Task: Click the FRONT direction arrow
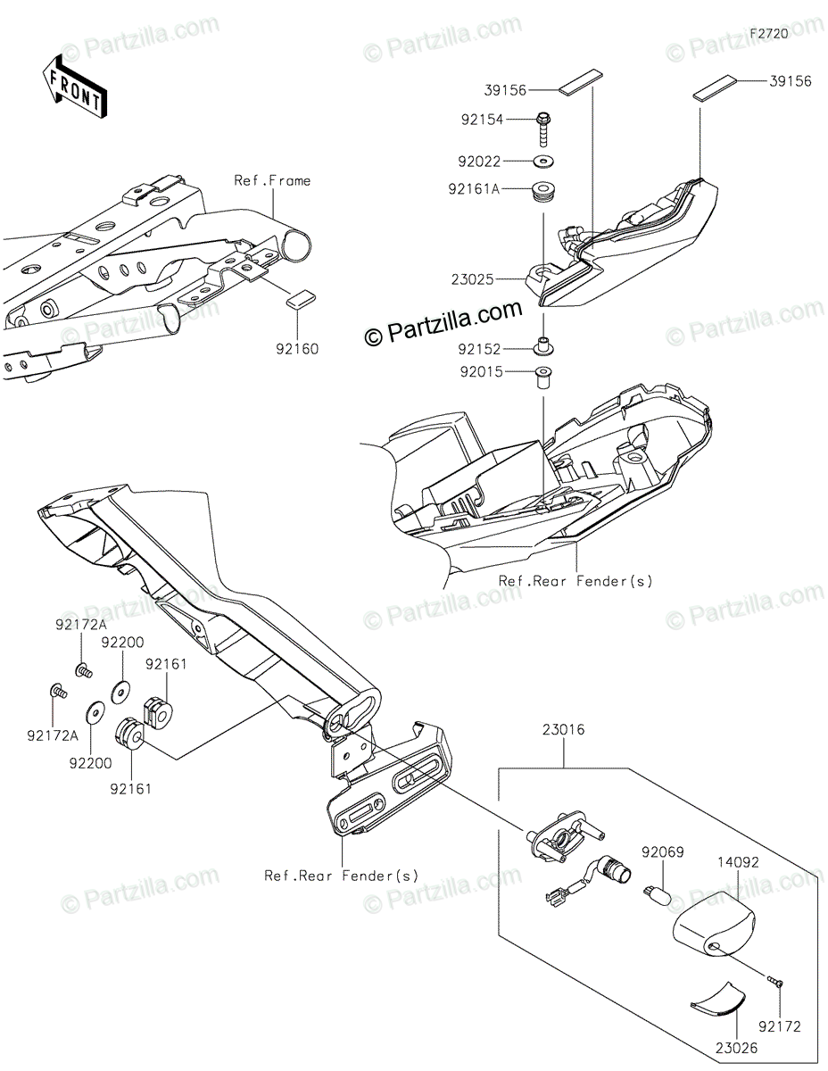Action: coord(75,86)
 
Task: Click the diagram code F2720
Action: coord(768,33)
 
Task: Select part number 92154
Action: coord(508,118)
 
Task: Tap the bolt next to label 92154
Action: coord(543,129)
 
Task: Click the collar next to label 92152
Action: coord(542,347)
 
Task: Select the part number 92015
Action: coord(508,372)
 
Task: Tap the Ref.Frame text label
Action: coord(272,180)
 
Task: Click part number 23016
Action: coord(562,729)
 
